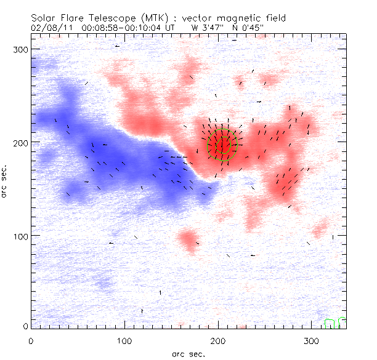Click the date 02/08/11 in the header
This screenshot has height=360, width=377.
coord(49,28)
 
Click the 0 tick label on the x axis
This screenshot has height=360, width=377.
coord(31,340)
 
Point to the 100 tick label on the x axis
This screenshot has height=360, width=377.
coord(124,340)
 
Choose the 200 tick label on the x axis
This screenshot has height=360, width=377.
coord(218,340)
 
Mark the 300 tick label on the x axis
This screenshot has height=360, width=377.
coord(312,340)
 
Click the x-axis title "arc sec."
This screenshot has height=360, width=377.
coord(188,354)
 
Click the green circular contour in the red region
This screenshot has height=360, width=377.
coord(222,145)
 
